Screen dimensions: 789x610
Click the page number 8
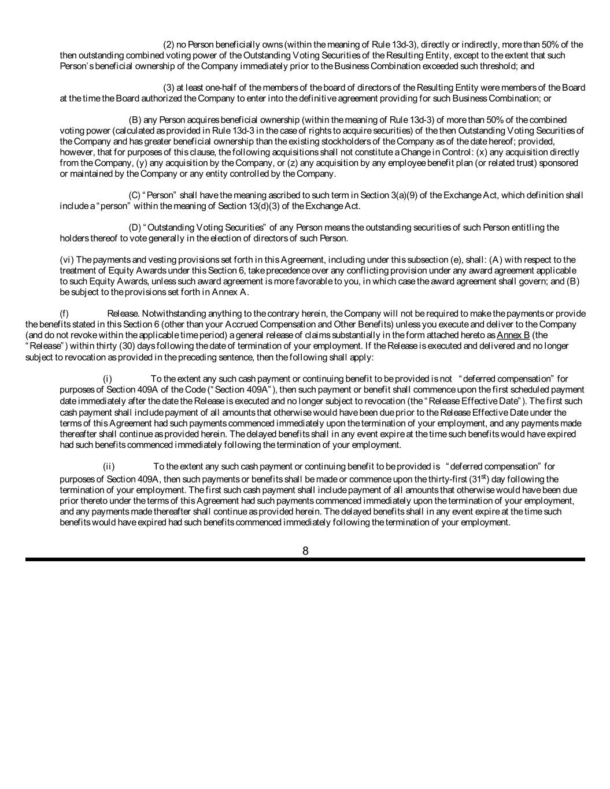(x=305, y=551)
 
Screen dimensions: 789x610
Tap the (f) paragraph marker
(x=64, y=314)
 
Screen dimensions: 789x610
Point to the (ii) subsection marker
(x=109, y=466)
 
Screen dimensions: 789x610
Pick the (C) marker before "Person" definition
(x=135, y=195)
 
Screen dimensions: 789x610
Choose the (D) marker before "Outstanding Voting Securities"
(x=135, y=228)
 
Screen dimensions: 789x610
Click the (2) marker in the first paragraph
(x=169, y=45)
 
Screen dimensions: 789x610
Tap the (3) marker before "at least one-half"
(x=169, y=88)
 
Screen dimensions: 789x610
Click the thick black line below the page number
(x=305, y=560)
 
